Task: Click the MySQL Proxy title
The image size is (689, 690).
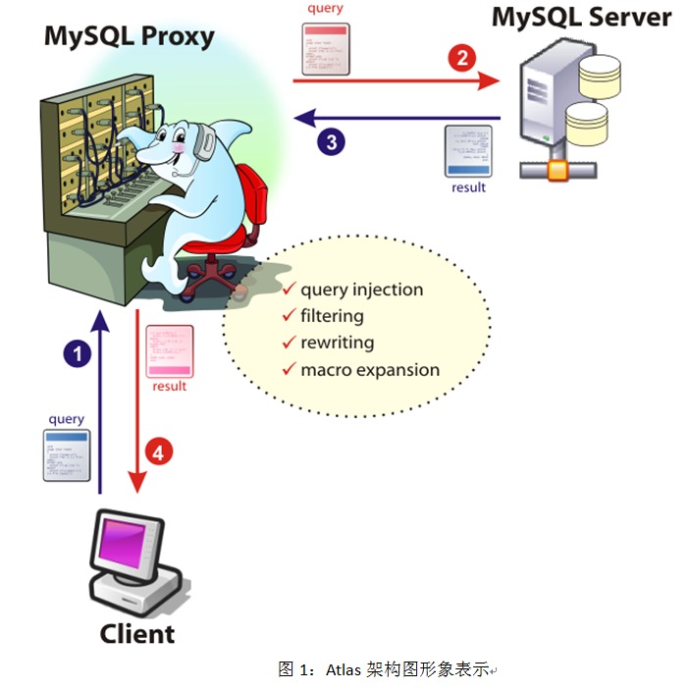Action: coord(129,37)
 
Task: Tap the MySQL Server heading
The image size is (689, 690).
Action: coord(581,17)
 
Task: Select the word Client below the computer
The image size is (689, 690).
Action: coord(136,633)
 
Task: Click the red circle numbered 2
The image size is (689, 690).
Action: coord(461,57)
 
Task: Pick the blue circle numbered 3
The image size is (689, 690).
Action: coord(331,142)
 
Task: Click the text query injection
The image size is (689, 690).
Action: coord(361,290)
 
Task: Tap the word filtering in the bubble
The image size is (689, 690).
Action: coord(332,316)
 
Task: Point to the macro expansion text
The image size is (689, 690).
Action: coord(369,370)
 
